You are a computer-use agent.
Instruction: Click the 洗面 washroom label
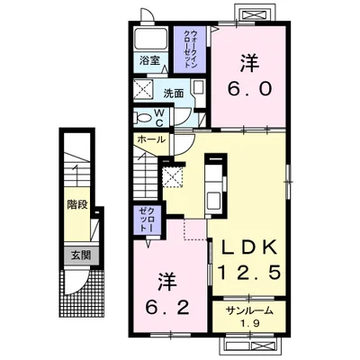pos(174,93)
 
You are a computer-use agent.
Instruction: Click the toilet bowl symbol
pos(141,117)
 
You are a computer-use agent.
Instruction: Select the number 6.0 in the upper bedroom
pos(247,91)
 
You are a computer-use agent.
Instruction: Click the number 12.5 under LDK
pos(247,271)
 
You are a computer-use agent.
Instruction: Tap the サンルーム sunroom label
pos(248,311)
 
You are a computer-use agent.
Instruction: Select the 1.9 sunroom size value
pos(249,324)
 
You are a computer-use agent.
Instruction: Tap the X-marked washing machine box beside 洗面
pos(144,91)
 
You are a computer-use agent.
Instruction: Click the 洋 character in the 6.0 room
pos(247,63)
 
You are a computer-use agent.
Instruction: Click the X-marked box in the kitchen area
pos(173,175)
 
